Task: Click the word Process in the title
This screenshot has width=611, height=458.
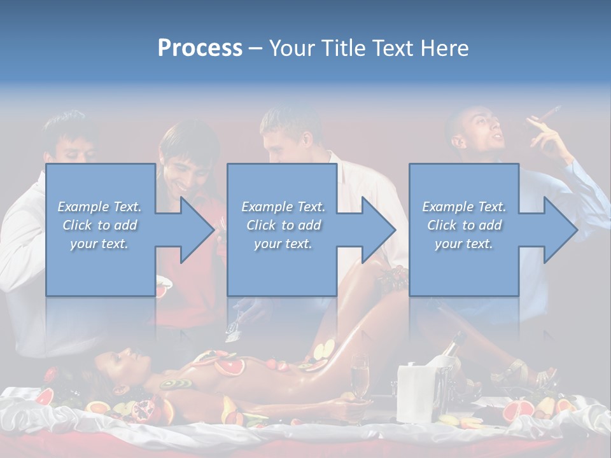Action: point(200,48)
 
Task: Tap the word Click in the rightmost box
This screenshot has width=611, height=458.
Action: point(442,225)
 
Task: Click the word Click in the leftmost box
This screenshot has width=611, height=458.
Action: point(77,225)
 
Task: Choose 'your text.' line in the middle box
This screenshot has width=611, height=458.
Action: point(283,244)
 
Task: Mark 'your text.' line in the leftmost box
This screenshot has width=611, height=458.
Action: point(99,244)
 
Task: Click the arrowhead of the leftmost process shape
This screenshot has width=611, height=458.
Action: point(197,230)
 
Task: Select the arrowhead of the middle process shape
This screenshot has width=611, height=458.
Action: point(379,230)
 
